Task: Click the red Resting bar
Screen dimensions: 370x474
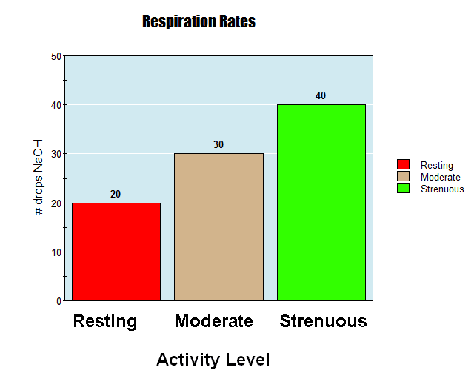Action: (x=116, y=252)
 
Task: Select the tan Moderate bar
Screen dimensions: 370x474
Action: (x=218, y=227)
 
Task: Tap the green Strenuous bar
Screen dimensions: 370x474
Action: (x=321, y=203)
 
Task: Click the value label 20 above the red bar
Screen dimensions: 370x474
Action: (x=116, y=194)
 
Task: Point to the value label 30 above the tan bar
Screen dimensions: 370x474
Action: (x=218, y=144)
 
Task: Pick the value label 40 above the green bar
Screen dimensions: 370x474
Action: (x=321, y=95)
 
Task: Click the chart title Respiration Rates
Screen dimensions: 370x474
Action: (x=198, y=21)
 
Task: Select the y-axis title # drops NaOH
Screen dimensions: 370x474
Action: (x=39, y=177)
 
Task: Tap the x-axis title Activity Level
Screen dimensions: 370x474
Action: (x=213, y=360)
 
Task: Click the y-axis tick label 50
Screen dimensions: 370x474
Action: (x=57, y=56)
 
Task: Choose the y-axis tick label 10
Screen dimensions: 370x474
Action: (x=57, y=252)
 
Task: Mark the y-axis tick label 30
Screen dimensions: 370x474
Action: (x=57, y=154)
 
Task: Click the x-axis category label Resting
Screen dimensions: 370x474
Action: (x=105, y=321)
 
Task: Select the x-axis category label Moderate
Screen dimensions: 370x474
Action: (x=214, y=321)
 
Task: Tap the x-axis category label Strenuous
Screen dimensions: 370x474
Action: (x=323, y=321)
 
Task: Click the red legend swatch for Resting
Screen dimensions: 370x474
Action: (x=404, y=164)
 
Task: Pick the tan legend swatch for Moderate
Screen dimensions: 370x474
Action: (x=404, y=176)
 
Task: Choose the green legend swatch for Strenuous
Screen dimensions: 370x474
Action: (x=404, y=188)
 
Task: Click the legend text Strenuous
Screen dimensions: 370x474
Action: (x=442, y=189)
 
